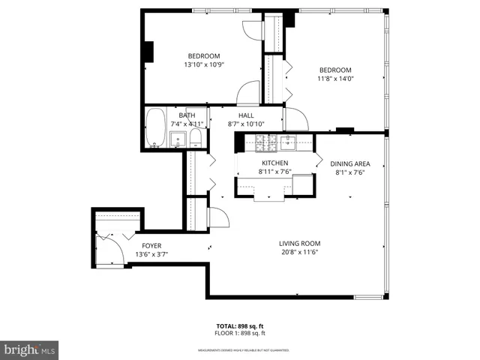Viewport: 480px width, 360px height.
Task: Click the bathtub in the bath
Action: click(156, 128)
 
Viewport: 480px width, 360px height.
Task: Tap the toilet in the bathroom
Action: click(196, 137)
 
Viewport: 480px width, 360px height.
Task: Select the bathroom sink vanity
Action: click(178, 139)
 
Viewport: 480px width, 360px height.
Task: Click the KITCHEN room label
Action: click(274, 163)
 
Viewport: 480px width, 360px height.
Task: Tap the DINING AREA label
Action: click(349, 163)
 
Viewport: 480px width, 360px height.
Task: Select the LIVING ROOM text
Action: click(300, 243)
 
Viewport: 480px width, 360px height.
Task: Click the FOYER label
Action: click(151, 246)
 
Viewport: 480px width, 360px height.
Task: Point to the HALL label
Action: click(246, 115)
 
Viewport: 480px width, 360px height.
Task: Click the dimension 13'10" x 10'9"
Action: click(204, 64)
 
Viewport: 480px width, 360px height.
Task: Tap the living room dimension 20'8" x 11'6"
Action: click(300, 252)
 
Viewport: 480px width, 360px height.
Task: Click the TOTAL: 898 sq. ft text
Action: click(240, 327)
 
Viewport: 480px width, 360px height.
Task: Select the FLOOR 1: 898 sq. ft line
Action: click(240, 333)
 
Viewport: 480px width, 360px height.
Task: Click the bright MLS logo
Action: click(30, 349)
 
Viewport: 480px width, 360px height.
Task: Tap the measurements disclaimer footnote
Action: click(243, 350)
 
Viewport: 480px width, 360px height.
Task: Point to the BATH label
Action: click(187, 115)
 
